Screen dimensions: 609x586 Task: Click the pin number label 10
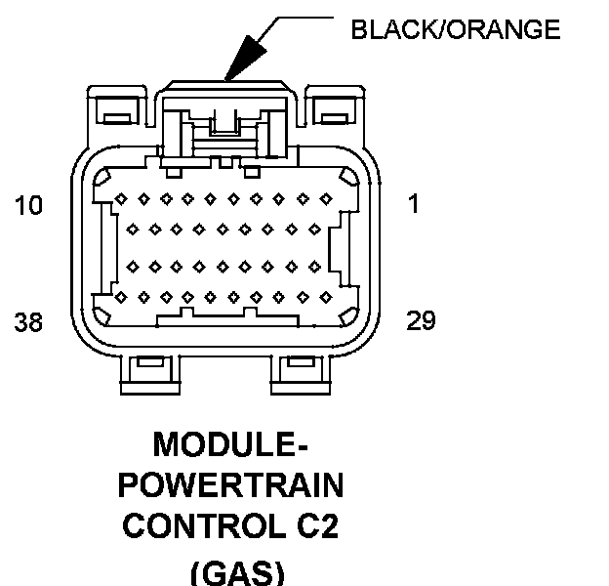pyautogui.click(x=28, y=205)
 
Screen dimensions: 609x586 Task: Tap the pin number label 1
pyautogui.click(x=414, y=203)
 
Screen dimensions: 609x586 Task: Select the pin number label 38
pyautogui.click(x=28, y=321)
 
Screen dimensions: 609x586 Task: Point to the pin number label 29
pyautogui.click(x=421, y=320)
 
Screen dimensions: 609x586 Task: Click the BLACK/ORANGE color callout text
pyautogui.click(x=456, y=29)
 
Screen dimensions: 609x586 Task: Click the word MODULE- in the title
pyautogui.click(x=230, y=444)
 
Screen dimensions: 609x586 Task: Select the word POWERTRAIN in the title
pyautogui.click(x=230, y=484)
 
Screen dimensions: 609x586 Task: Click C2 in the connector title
pyautogui.click(x=317, y=525)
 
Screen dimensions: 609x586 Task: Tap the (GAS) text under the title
pyautogui.click(x=237, y=572)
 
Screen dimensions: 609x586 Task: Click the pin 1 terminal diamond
pyautogui.click(x=325, y=199)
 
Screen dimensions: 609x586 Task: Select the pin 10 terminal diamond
pyautogui.click(x=121, y=199)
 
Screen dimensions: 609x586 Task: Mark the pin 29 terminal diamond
pyautogui.click(x=325, y=298)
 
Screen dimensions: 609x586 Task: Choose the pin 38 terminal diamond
pyautogui.click(x=121, y=298)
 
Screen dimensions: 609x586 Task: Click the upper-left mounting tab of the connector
pyautogui.click(x=117, y=105)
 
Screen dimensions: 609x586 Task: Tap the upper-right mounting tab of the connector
pyautogui.click(x=335, y=105)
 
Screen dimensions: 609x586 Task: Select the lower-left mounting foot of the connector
pyautogui.click(x=150, y=375)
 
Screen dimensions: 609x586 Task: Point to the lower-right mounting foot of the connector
pyautogui.click(x=301, y=375)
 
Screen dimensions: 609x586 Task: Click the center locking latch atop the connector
pyautogui.click(x=225, y=120)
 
